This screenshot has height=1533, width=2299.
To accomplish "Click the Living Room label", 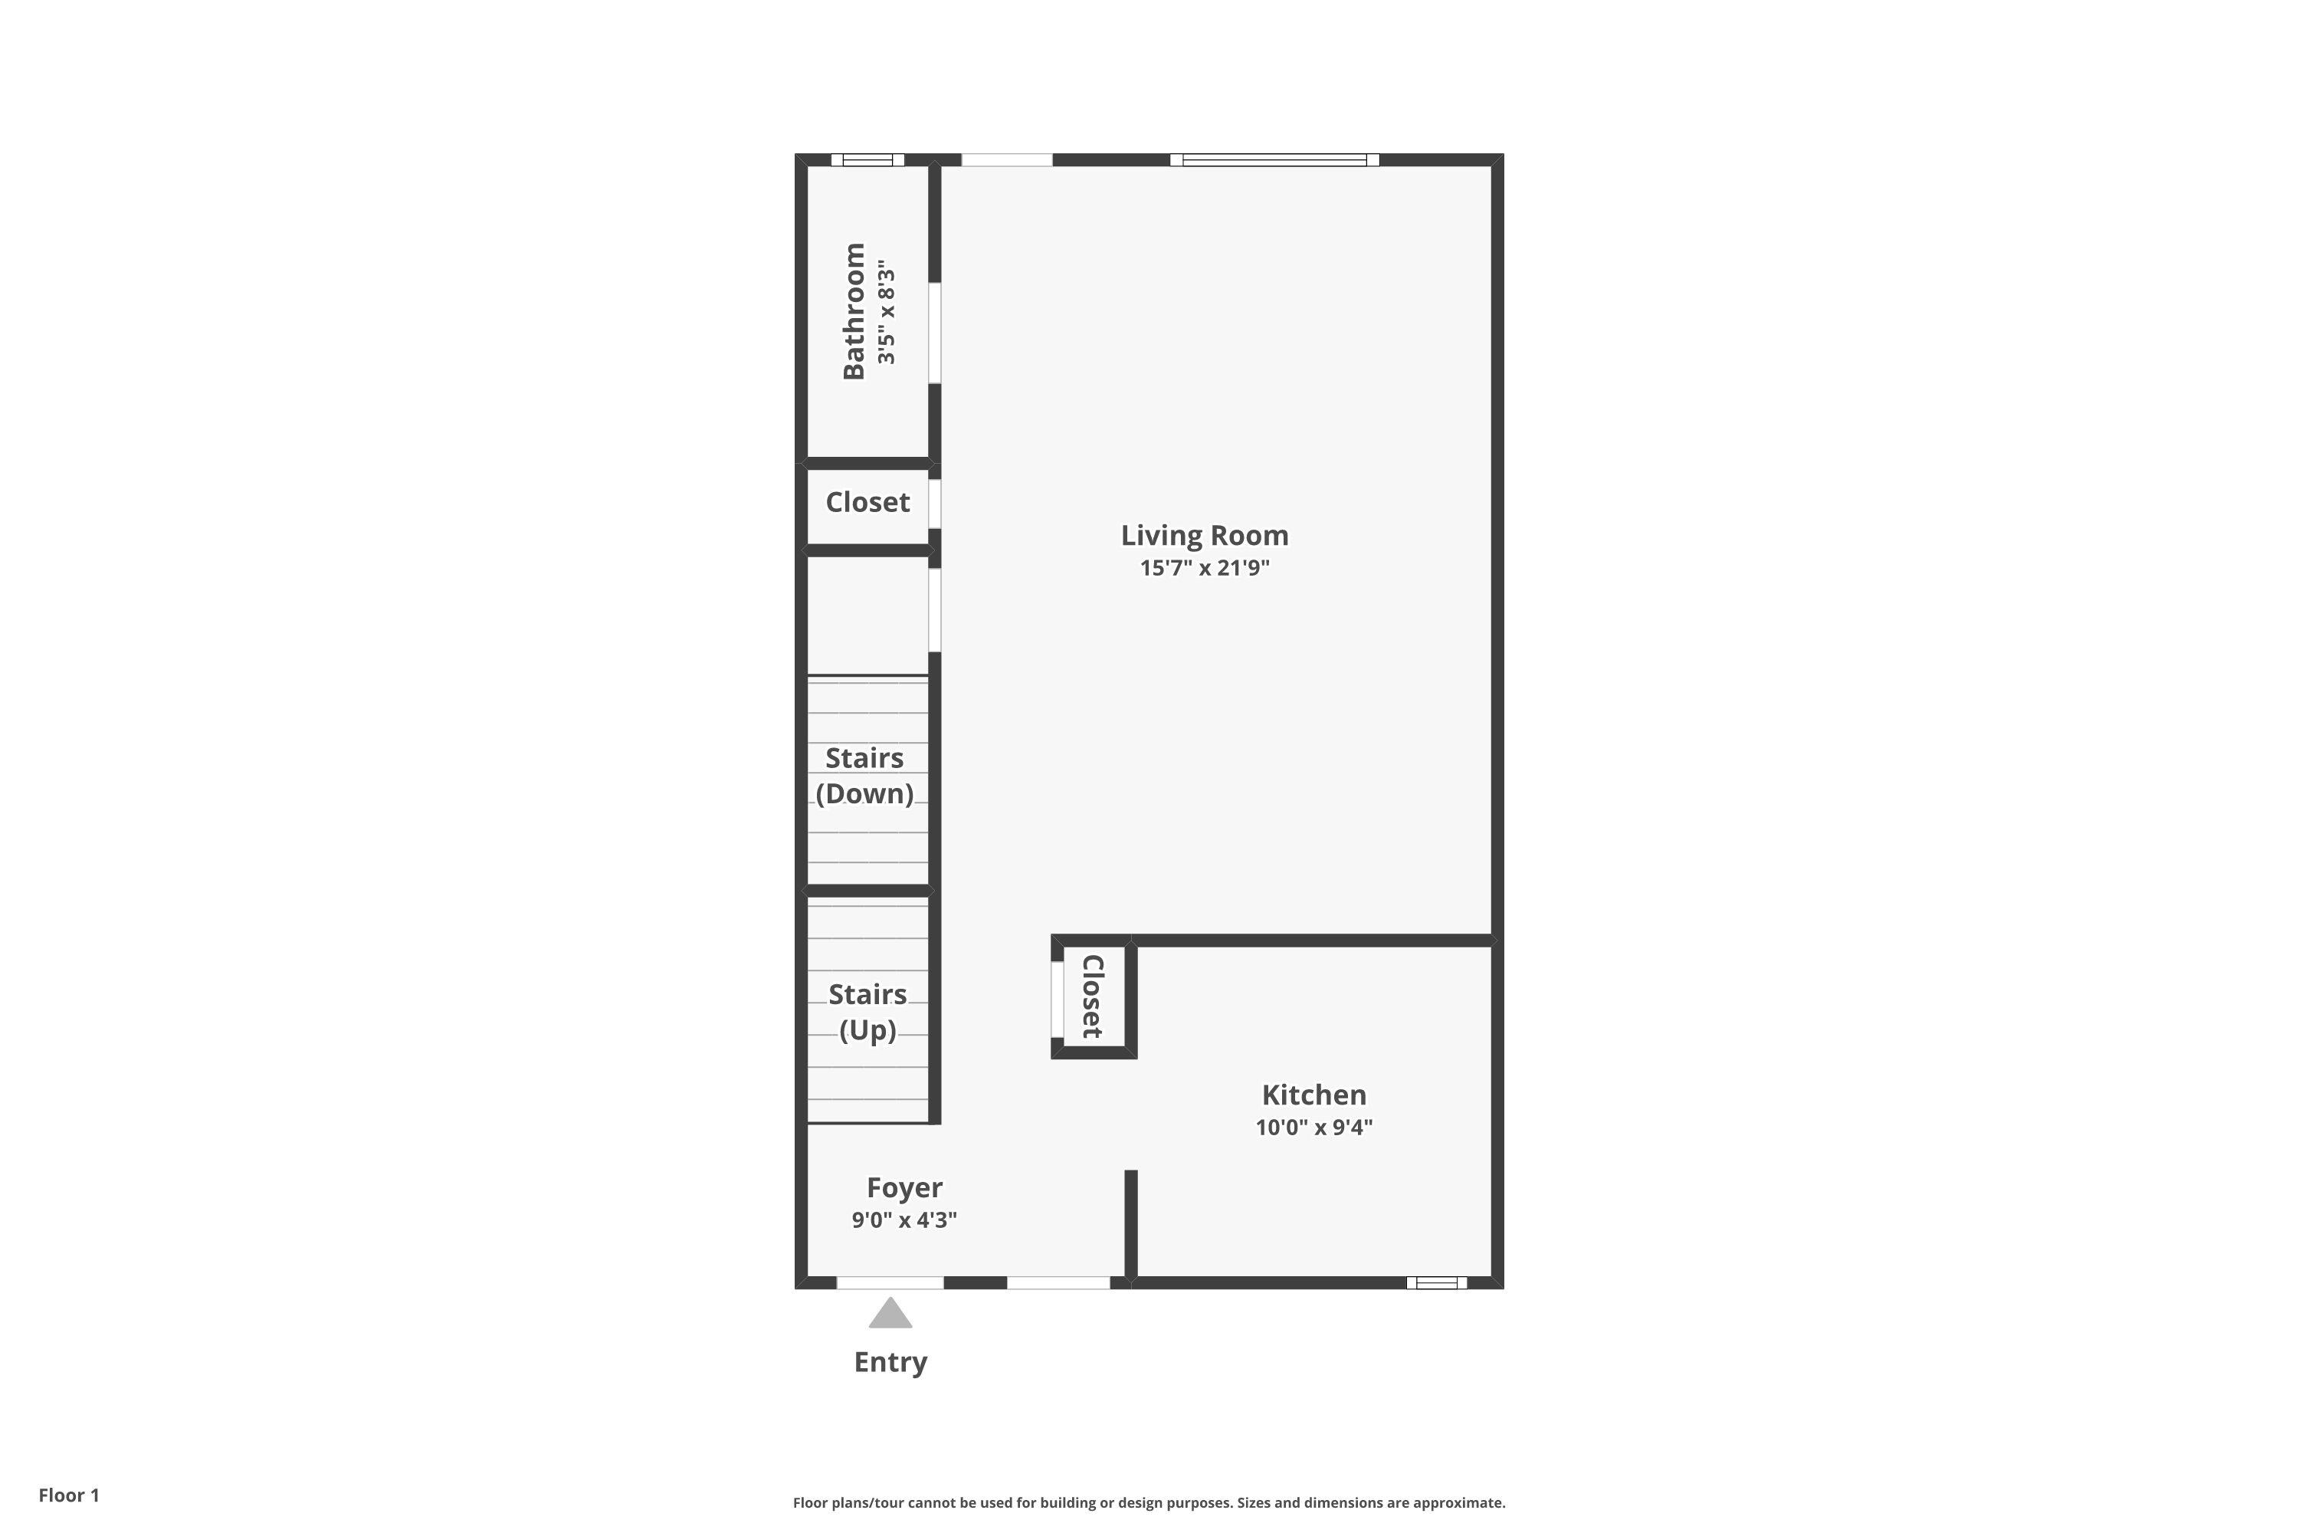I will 1204,535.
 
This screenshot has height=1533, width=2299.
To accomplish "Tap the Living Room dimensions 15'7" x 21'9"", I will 1204,568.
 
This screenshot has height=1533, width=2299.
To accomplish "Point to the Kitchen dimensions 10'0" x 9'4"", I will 1313,1128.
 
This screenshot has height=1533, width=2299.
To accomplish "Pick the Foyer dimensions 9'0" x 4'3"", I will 904,1220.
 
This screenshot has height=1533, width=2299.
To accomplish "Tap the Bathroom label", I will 854,311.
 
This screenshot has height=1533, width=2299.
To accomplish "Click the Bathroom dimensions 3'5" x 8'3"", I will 886,312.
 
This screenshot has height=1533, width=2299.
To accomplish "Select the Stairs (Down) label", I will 865,775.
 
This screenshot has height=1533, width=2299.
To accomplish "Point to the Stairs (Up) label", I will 867,1012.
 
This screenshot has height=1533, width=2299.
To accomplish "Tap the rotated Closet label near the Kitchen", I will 1093,996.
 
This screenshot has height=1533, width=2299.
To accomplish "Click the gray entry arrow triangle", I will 890,1314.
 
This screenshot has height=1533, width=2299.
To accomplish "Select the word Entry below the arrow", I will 890,1362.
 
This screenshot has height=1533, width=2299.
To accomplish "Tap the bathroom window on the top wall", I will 867,160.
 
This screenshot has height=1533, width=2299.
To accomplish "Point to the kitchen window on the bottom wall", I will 1436,1282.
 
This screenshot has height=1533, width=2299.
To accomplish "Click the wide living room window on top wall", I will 1274,160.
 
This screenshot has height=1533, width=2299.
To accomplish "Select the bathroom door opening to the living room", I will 934,333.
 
